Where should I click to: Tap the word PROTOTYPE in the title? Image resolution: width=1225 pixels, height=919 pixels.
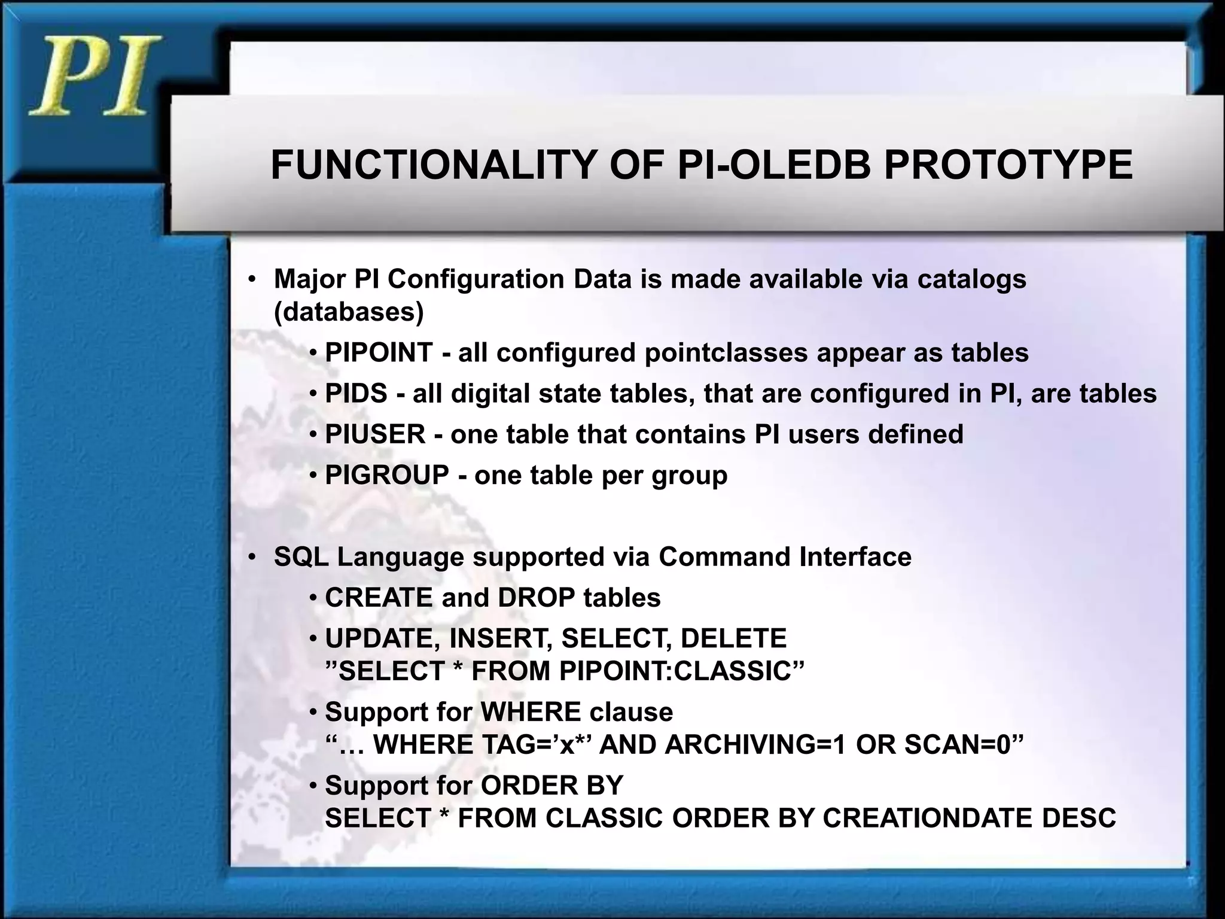pyautogui.click(x=1008, y=165)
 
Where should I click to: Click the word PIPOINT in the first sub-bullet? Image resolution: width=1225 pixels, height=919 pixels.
pyautogui.click(x=379, y=352)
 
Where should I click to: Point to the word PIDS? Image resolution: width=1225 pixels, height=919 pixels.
pyautogui.click(x=356, y=394)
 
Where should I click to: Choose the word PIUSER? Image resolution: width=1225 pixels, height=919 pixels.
pyautogui.click(x=375, y=434)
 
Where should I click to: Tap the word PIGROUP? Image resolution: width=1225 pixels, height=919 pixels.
pyautogui.click(x=387, y=476)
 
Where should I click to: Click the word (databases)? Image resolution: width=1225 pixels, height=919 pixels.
pyautogui.click(x=349, y=312)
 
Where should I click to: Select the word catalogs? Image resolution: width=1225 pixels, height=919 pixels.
pyautogui.click(x=971, y=279)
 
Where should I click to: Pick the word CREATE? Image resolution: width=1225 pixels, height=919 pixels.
pyautogui.click(x=378, y=598)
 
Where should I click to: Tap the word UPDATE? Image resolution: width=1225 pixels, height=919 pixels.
pyautogui.click(x=383, y=638)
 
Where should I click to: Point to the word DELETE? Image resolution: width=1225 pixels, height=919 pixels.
pyautogui.click(x=733, y=638)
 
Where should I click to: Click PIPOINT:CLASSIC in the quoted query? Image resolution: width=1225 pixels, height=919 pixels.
pyautogui.click(x=675, y=671)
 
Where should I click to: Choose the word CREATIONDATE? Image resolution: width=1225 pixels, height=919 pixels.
pyautogui.click(x=928, y=818)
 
